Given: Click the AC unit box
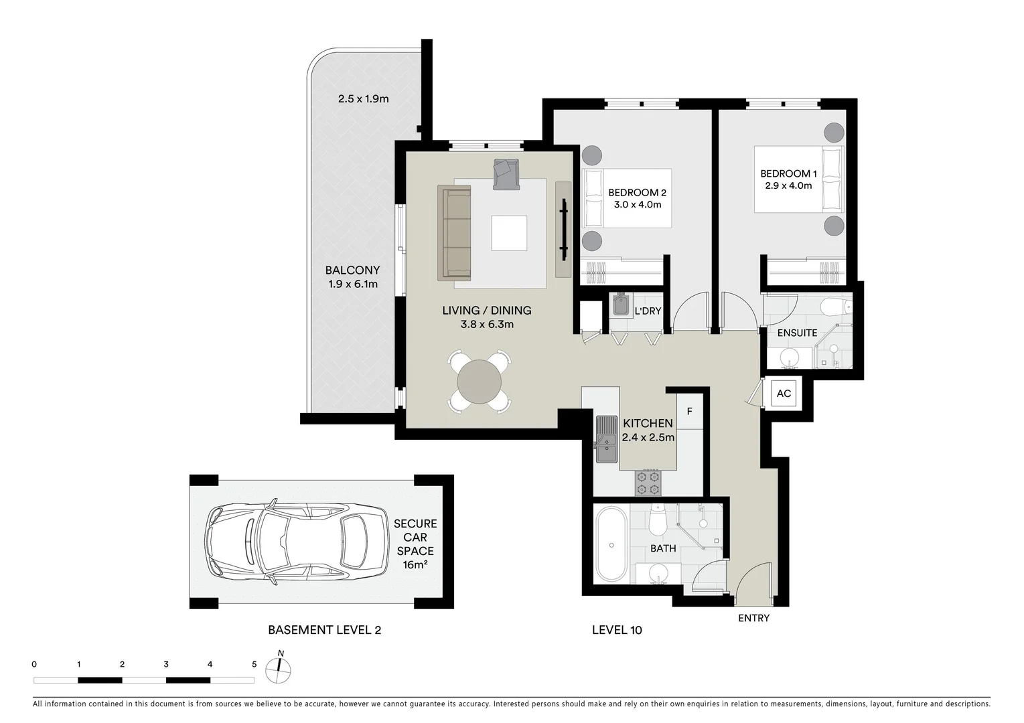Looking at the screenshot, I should coord(784,394).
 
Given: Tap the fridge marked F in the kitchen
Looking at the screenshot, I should coord(689,412).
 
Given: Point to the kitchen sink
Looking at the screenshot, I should coord(607,439).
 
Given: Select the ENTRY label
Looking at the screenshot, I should coord(753,618).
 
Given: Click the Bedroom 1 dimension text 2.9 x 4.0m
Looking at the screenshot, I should coord(788,185).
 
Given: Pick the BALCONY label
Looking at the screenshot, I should coord(352,270).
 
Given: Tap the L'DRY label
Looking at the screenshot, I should coord(648,311).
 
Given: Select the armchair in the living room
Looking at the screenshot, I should coord(506,174).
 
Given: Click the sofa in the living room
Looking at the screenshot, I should coord(455,233).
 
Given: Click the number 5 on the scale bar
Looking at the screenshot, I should coord(254,665).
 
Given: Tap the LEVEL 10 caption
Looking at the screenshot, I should coord(617,630).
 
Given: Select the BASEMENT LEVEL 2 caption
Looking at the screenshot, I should coord(324,630).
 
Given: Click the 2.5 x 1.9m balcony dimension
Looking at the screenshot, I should coord(363,99).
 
